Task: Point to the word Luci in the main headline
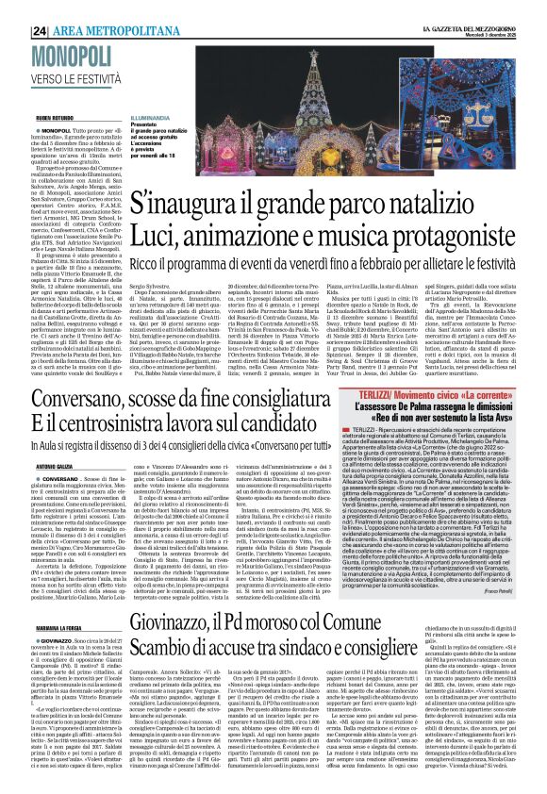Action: (155, 229)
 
